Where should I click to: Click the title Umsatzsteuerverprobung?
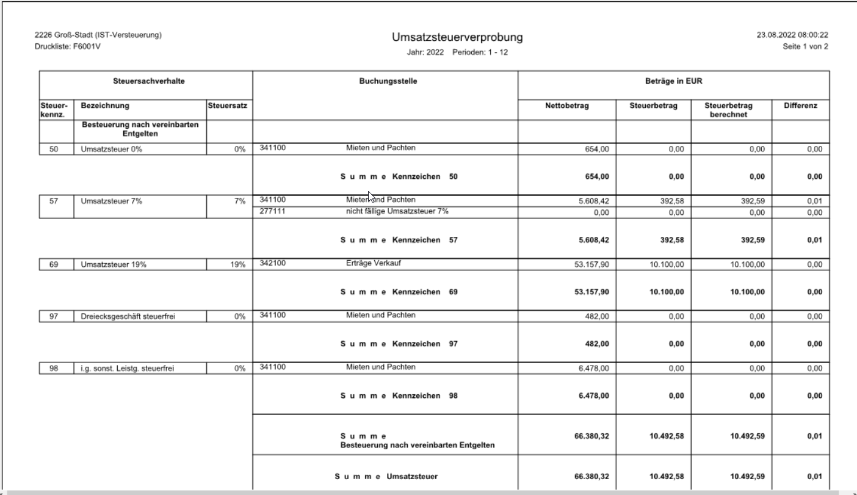(458, 38)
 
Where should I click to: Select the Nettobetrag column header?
(566, 106)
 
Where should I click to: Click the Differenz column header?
(800, 106)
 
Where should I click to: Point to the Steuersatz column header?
(230, 106)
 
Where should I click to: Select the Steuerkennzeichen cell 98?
(53, 368)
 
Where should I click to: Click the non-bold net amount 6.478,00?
(587, 368)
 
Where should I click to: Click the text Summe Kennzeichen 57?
(399, 240)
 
